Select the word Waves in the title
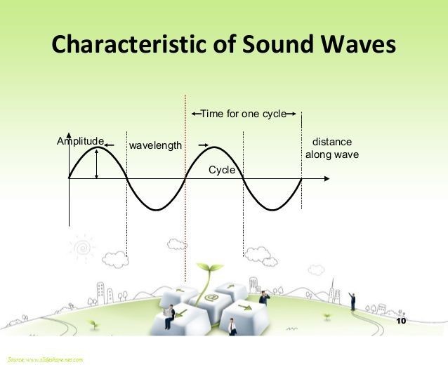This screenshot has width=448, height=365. (358, 46)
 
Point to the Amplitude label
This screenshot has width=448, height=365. (79, 141)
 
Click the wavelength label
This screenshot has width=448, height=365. (154, 145)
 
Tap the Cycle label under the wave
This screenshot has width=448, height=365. (222, 171)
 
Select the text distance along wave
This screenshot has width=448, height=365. (332, 148)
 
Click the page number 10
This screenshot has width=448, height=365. (402, 321)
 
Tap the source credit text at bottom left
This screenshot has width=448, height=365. (42, 359)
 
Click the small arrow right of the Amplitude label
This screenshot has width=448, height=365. (109, 145)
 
